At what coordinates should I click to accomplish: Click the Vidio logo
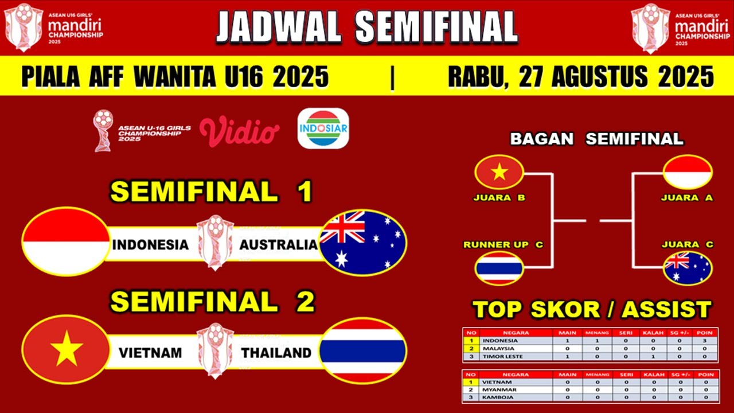coord(239,131)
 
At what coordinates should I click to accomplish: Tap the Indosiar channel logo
coord(323,128)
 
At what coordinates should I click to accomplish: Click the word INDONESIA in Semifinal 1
coord(150,245)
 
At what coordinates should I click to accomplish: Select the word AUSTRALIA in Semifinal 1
coord(278,245)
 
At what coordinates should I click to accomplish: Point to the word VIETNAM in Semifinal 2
coord(150,353)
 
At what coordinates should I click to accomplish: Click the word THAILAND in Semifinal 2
coord(276,353)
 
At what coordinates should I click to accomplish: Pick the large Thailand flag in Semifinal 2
coord(363,350)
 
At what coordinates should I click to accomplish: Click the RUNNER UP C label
coord(503,245)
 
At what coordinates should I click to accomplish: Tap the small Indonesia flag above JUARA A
coord(688,172)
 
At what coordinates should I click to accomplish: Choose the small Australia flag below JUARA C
coord(688,268)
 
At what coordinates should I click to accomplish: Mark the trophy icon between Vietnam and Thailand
coord(215,350)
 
